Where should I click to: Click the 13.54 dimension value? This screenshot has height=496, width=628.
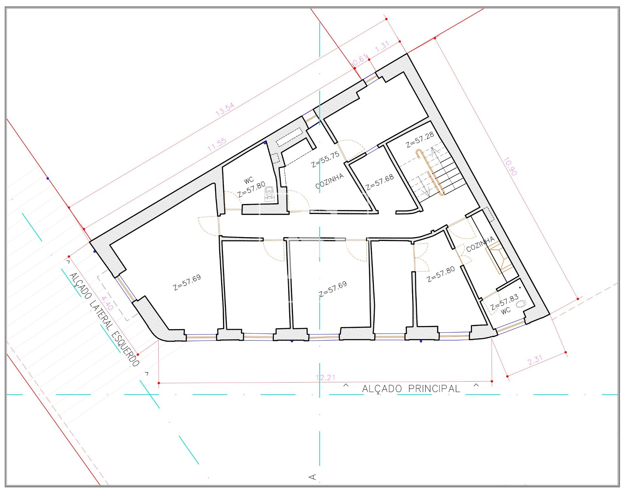(225, 109)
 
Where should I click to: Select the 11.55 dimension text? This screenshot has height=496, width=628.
(217, 144)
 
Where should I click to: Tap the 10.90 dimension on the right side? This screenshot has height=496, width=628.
(510, 167)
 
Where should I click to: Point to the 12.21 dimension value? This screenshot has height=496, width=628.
(326, 377)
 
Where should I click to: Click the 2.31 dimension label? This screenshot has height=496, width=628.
(535, 360)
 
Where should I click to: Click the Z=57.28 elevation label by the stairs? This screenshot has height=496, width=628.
(420, 140)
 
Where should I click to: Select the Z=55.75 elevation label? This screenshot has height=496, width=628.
(325, 159)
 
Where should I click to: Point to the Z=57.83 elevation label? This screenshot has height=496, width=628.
(504, 303)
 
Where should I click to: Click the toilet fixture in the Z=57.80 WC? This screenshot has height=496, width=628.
(270, 193)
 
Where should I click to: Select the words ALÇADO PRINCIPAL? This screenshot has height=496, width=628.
(411, 389)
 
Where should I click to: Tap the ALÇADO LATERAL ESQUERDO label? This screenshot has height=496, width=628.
(104, 320)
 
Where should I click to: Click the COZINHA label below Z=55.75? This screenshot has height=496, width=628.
(330, 181)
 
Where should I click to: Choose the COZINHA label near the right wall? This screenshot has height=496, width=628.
(480, 244)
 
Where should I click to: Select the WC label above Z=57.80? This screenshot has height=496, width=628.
(249, 180)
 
